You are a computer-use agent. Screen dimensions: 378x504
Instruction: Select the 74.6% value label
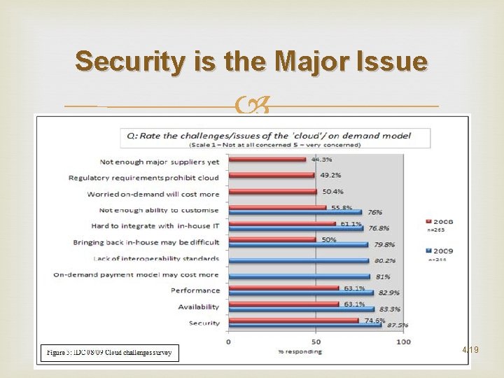[374, 320]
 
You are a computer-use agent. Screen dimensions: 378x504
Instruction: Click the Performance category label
[195, 290]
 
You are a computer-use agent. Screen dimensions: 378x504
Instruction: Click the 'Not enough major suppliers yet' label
[159, 162]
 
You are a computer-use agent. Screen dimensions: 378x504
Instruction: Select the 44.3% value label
[321, 160]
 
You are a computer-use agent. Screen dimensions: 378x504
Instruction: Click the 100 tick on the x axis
[403, 342]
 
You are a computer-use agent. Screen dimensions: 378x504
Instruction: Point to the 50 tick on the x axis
[315, 342]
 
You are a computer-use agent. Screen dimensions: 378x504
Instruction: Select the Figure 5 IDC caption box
[110, 352]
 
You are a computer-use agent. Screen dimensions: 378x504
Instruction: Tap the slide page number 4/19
[470, 349]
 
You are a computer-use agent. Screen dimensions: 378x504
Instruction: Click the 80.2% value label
[384, 261]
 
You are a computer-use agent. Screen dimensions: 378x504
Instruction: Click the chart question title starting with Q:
[265, 135]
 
